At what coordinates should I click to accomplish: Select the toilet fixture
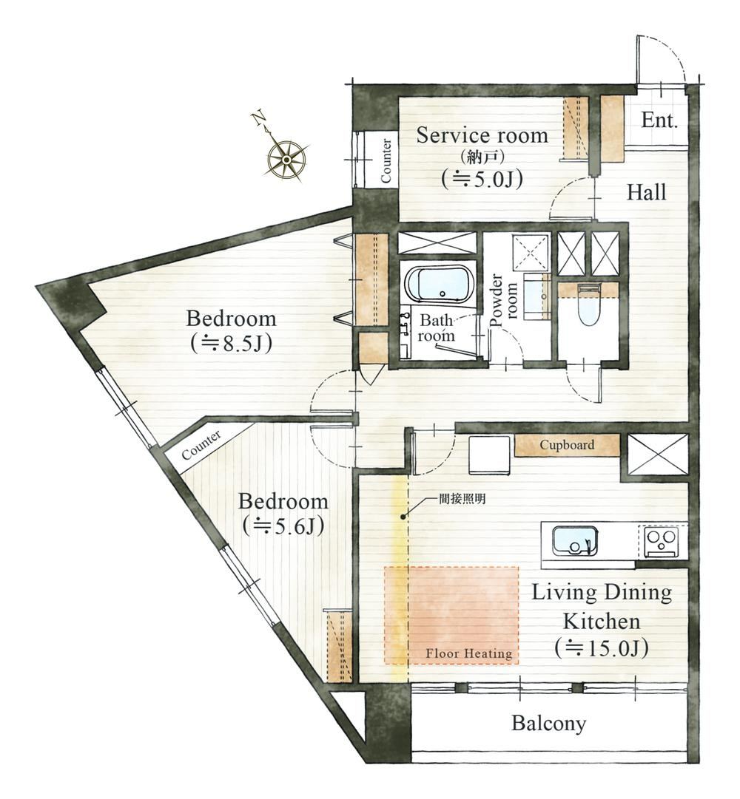tap(588, 305)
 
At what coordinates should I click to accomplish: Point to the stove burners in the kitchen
tap(661, 540)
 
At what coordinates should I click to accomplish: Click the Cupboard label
tap(567, 445)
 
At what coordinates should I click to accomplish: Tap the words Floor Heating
tap(468, 654)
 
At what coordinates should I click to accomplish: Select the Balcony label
tap(549, 723)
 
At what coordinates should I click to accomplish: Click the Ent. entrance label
tap(659, 120)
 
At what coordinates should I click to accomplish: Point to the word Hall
tap(646, 193)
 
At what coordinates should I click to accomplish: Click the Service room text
tap(482, 135)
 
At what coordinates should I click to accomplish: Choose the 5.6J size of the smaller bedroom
tap(283, 526)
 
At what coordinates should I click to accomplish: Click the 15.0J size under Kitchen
tap(602, 648)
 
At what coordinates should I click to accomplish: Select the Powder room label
tap(504, 301)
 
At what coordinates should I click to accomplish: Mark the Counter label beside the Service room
tap(386, 161)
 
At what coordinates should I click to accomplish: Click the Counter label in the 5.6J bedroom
tap(201, 445)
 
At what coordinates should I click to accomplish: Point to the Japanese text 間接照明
tap(462, 500)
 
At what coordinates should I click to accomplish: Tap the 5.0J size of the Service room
tap(482, 179)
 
